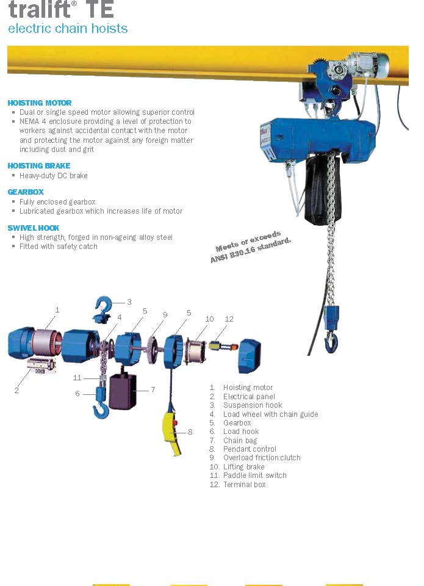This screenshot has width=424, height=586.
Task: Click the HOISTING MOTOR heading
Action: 40,103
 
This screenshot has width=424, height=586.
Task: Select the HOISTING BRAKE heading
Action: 39,165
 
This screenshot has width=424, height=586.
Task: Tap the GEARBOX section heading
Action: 26,192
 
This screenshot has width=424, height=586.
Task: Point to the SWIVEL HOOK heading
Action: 34,228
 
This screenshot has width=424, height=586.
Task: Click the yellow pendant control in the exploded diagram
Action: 172,433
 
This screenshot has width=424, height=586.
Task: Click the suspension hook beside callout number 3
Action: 102,308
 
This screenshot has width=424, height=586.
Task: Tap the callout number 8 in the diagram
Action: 190,432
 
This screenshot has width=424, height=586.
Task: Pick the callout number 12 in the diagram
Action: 229,319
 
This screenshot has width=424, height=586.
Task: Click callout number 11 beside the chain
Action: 77,378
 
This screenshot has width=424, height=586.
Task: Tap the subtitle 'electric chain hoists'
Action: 68,29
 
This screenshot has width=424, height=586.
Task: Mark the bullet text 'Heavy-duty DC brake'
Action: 54,176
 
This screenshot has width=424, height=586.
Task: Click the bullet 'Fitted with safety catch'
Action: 59,247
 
